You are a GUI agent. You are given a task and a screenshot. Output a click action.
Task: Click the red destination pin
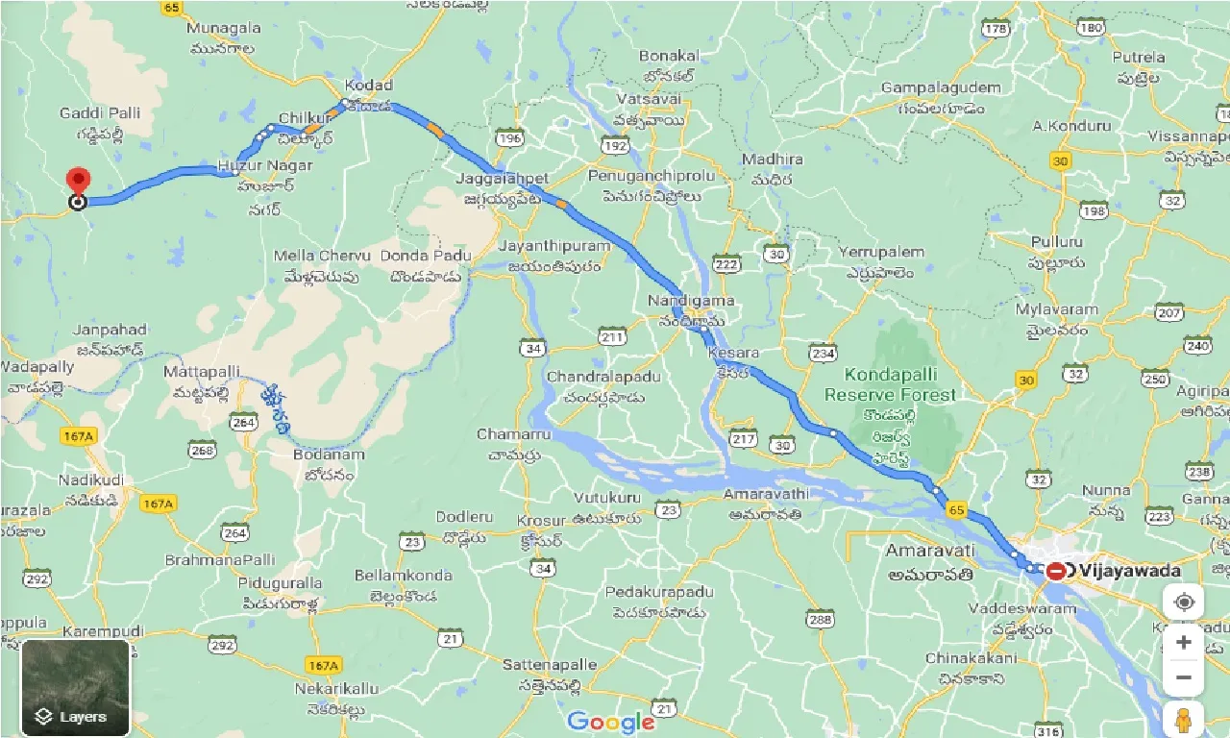[x=78, y=181]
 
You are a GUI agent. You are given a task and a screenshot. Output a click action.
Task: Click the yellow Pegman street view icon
[x=1184, y=720]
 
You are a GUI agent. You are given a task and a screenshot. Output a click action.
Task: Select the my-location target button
[x=1184, y=603]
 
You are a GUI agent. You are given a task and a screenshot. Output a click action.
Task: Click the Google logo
[x=611, y=721]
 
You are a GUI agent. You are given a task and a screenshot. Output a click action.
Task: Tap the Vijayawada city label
[x=1129, y=571]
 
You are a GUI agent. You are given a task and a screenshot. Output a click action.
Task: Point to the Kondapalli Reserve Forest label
[x=890, y=385]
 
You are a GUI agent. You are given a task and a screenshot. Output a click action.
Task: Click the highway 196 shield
[x=510, y=140]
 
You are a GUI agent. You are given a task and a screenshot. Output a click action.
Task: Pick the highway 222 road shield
[x=726, y=264]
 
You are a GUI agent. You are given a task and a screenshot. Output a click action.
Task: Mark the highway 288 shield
[x=820, y=620]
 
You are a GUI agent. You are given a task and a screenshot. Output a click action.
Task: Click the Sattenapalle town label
[x=550, y=665]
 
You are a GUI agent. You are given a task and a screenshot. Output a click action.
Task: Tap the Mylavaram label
[x=1056, y=310]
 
